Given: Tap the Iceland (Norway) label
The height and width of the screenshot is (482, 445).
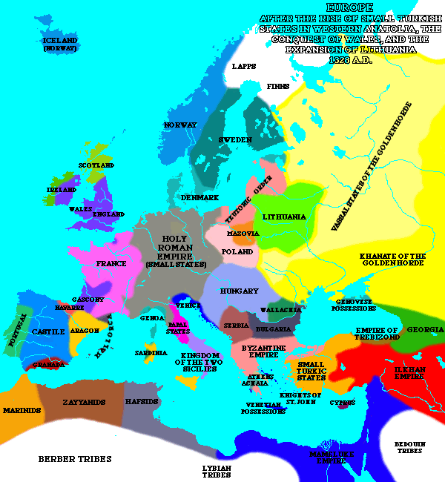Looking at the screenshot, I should click(x=60, y=44).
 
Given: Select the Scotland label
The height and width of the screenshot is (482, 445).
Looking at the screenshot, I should click(x=96, y=165).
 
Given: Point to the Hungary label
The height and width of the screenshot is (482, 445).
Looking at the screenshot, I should click(x=240, y=291).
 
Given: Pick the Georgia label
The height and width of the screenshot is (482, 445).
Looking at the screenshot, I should click(x=425, y=329).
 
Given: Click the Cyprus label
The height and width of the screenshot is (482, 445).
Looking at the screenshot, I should click(x=343, y=403).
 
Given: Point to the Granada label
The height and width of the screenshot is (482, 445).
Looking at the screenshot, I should click(x=47, y=364).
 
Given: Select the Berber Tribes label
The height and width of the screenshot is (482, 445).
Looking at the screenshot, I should click(x=75, y=459).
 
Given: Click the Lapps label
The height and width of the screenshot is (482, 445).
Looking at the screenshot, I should click(x=244, y=66).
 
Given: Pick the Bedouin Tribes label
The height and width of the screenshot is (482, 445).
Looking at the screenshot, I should click(x=409, y=446).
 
